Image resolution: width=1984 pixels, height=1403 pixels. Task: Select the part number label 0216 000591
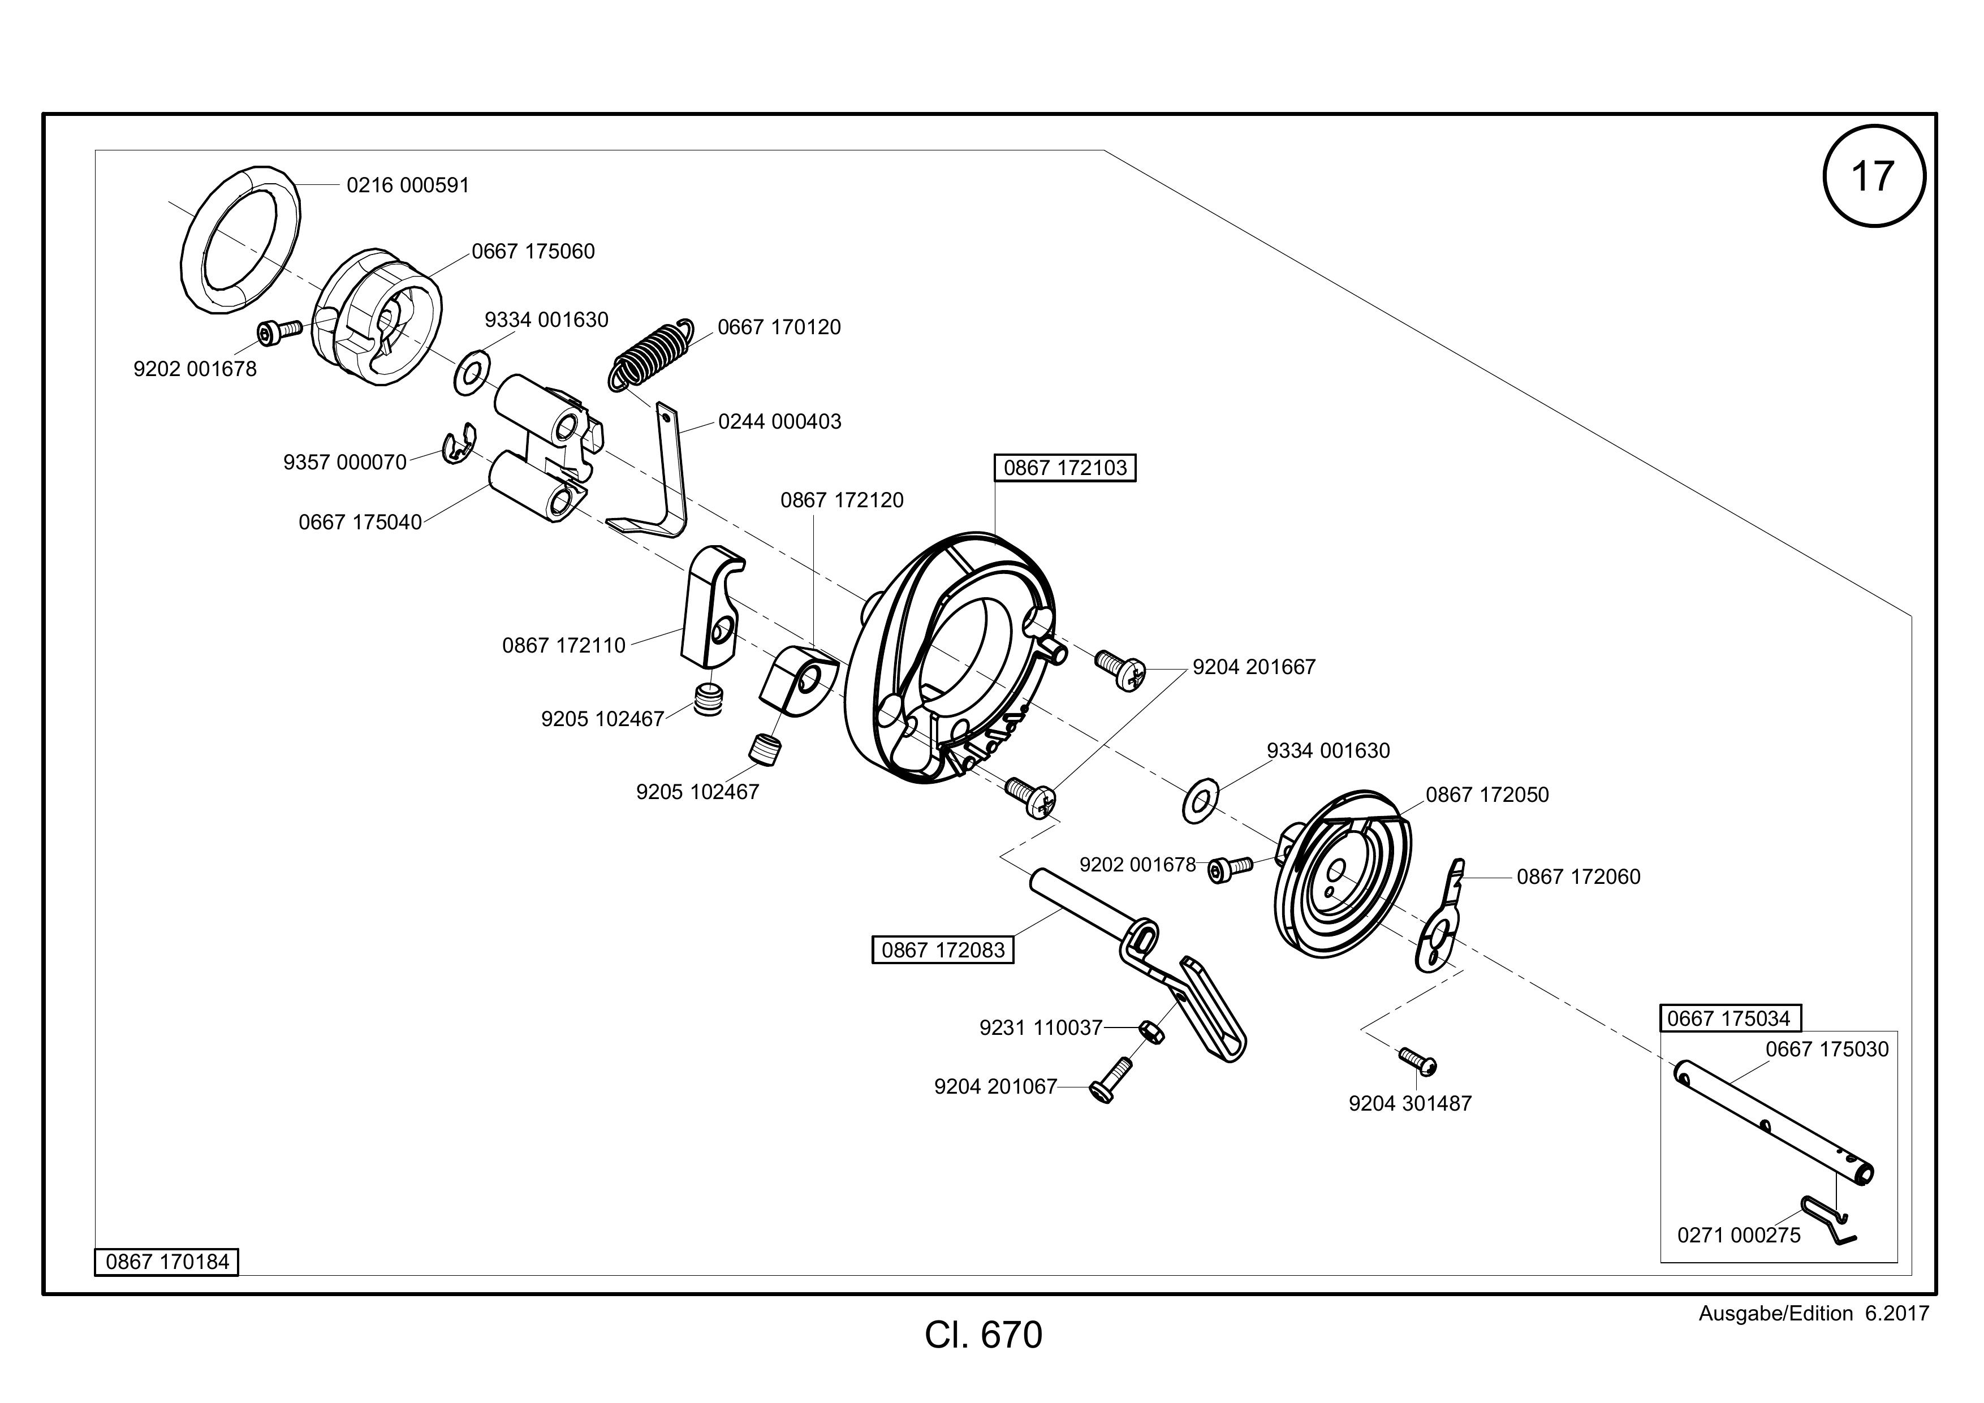tap(408, 185)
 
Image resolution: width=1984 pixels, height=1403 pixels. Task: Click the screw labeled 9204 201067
tap(1111, 1080)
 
